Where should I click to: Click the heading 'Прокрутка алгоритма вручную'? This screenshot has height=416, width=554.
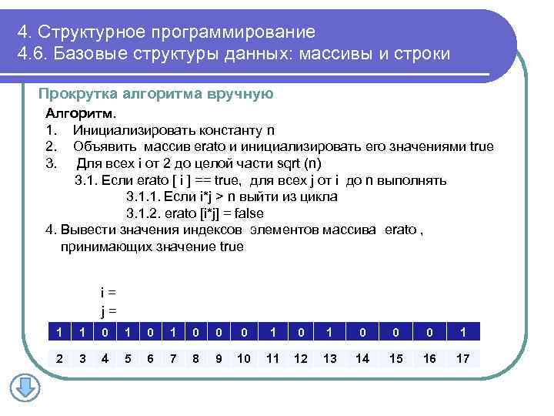coord(155,94)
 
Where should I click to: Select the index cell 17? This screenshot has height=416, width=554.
coord(462,357)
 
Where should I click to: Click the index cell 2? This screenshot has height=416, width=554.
coord(58,357)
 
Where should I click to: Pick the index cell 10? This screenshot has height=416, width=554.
coord(244,357)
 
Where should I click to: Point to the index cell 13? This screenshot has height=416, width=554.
coord(329,357)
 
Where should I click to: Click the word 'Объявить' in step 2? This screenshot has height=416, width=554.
coord(101,146)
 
